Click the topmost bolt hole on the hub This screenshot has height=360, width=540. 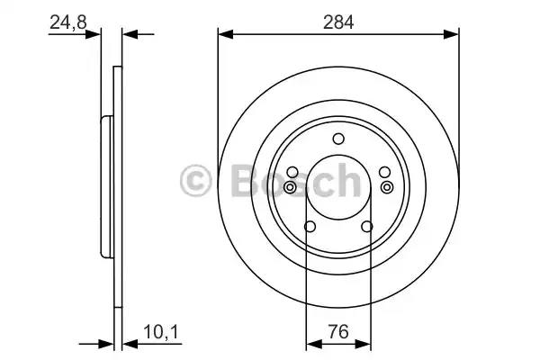(338, 138)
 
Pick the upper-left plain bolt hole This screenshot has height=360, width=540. (292, 172)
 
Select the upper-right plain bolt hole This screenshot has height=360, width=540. (384, 172)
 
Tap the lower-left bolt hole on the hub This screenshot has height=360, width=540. (310, 227)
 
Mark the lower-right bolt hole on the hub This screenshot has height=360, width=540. (366, 227)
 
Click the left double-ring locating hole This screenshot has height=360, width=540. (291, 186)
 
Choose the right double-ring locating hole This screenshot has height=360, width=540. (387, 186)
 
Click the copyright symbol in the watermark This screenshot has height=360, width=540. (195, 181)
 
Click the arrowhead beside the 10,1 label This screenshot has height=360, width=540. (127, 343)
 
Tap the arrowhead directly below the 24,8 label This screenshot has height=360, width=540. (94, 35)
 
